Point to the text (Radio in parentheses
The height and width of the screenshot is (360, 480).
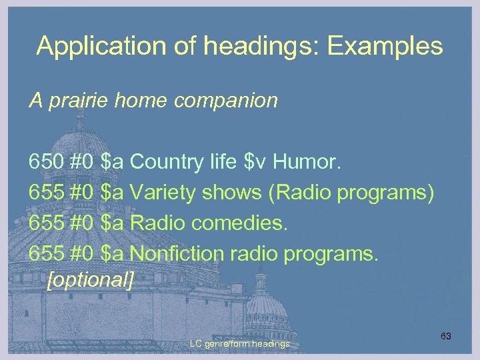[299, 193]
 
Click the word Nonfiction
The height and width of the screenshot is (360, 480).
[177, 254]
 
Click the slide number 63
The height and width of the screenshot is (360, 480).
[445, 337]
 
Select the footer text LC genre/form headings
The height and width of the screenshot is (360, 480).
[239, 344]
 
